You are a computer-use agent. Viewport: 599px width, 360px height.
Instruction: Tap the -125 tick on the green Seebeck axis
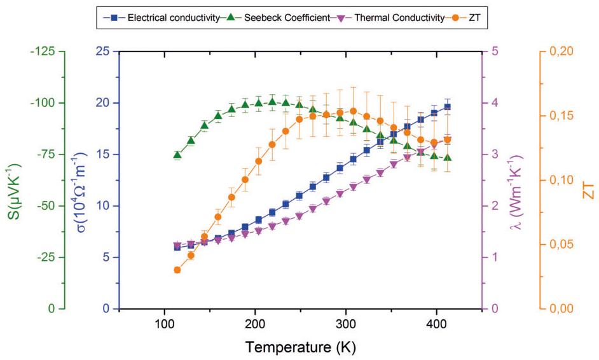[43, 51]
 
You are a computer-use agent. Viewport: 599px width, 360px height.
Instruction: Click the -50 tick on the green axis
[45, 205]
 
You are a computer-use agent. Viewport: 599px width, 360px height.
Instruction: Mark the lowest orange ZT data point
[177, 270]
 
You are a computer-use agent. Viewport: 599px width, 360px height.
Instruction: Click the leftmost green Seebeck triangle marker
[177, 155]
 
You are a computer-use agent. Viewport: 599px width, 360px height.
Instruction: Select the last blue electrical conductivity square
[448, 107]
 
